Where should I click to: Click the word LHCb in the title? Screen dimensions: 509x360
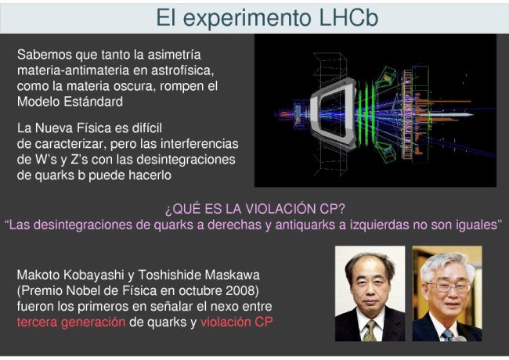[348, 17]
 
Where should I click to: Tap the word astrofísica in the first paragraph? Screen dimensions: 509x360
[182, 70]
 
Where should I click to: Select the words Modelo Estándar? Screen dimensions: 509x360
[70, 102]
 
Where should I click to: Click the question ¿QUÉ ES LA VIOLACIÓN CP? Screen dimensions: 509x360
[255, 209]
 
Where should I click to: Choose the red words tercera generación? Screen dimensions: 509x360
[71, 322]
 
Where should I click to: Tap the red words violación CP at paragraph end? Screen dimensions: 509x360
[236, 322]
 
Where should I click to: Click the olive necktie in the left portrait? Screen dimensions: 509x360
[370, 331]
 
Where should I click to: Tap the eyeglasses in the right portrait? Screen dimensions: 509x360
[448, 286]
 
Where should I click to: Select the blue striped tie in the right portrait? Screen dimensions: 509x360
[448, 336]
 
